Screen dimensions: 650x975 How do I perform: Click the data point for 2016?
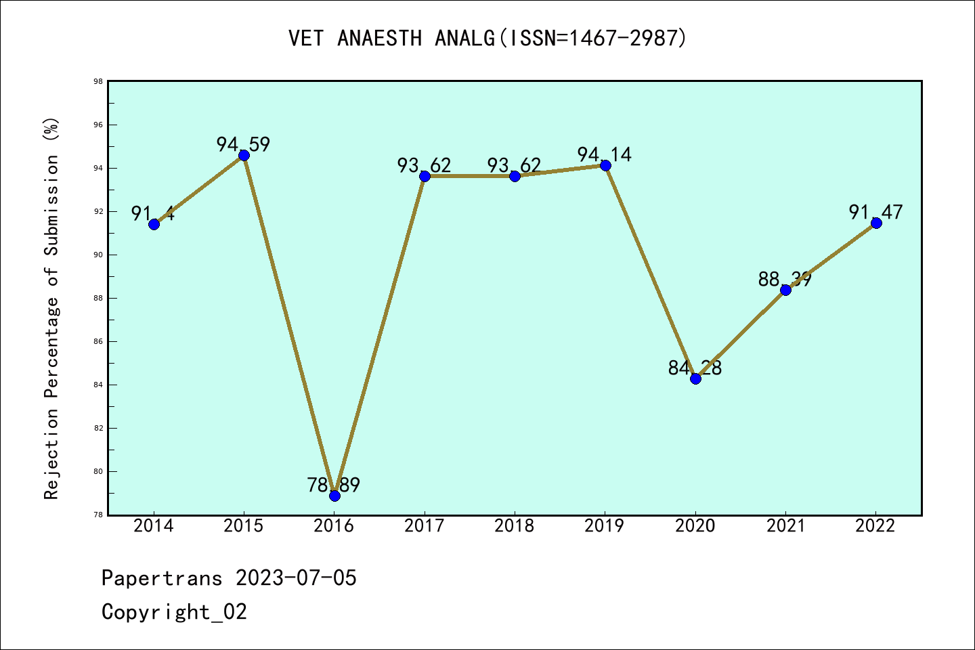(334, 496)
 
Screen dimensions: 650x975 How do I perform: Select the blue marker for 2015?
(244, 155)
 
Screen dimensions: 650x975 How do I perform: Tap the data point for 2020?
(695, 378)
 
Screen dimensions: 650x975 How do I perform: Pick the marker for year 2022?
(876, 223)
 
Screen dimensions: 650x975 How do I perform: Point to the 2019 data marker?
(605, 165)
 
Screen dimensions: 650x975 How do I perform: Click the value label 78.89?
(334, 485)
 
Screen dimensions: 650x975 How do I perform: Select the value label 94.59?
(244, 144)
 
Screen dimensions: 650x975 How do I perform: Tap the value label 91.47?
(876, 212)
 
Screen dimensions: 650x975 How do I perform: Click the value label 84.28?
(695, 368)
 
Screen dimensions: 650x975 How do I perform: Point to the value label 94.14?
(605, 154)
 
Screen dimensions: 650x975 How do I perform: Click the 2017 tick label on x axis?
(425, 526)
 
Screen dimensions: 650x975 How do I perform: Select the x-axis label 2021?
(785, 526)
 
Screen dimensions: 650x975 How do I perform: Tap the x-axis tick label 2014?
(154, 526)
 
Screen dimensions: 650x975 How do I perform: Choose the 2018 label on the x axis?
(515, 526)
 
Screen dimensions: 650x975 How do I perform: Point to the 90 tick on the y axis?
(98, 255)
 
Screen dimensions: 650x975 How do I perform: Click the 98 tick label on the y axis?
(98, 81)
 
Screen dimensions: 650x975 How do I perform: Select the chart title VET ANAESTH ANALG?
(487, 38)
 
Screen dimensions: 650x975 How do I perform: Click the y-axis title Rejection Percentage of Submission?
(51, 309)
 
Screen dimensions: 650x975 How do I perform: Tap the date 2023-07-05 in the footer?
(296, 578)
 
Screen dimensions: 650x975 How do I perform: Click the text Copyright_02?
(175, 612)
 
